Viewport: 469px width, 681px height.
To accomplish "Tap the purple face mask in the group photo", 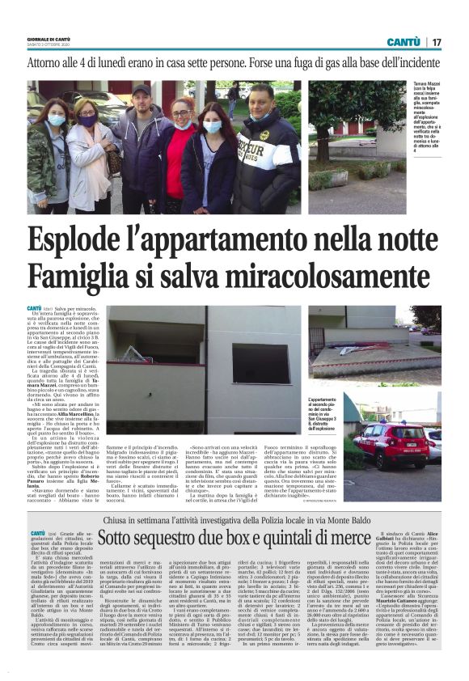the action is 87,121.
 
